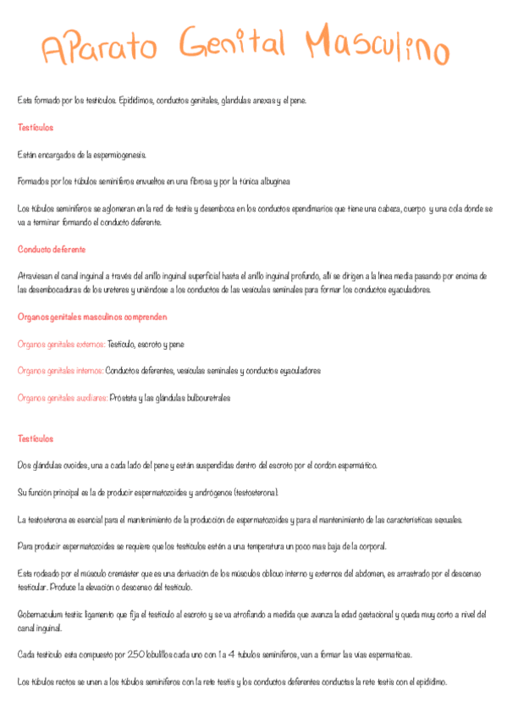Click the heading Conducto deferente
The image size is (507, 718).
coord(52,250)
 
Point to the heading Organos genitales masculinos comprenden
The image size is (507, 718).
coord(92,317)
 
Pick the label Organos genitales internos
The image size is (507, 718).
coord(60,371)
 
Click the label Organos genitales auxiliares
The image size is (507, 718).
coord(62,398)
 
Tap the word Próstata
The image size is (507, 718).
coord(124,398)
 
